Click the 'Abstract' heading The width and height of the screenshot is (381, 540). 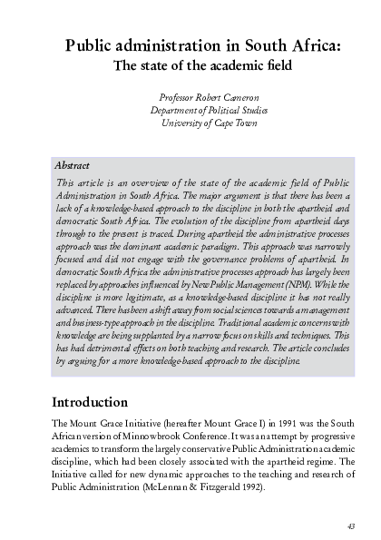coord(73,166)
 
